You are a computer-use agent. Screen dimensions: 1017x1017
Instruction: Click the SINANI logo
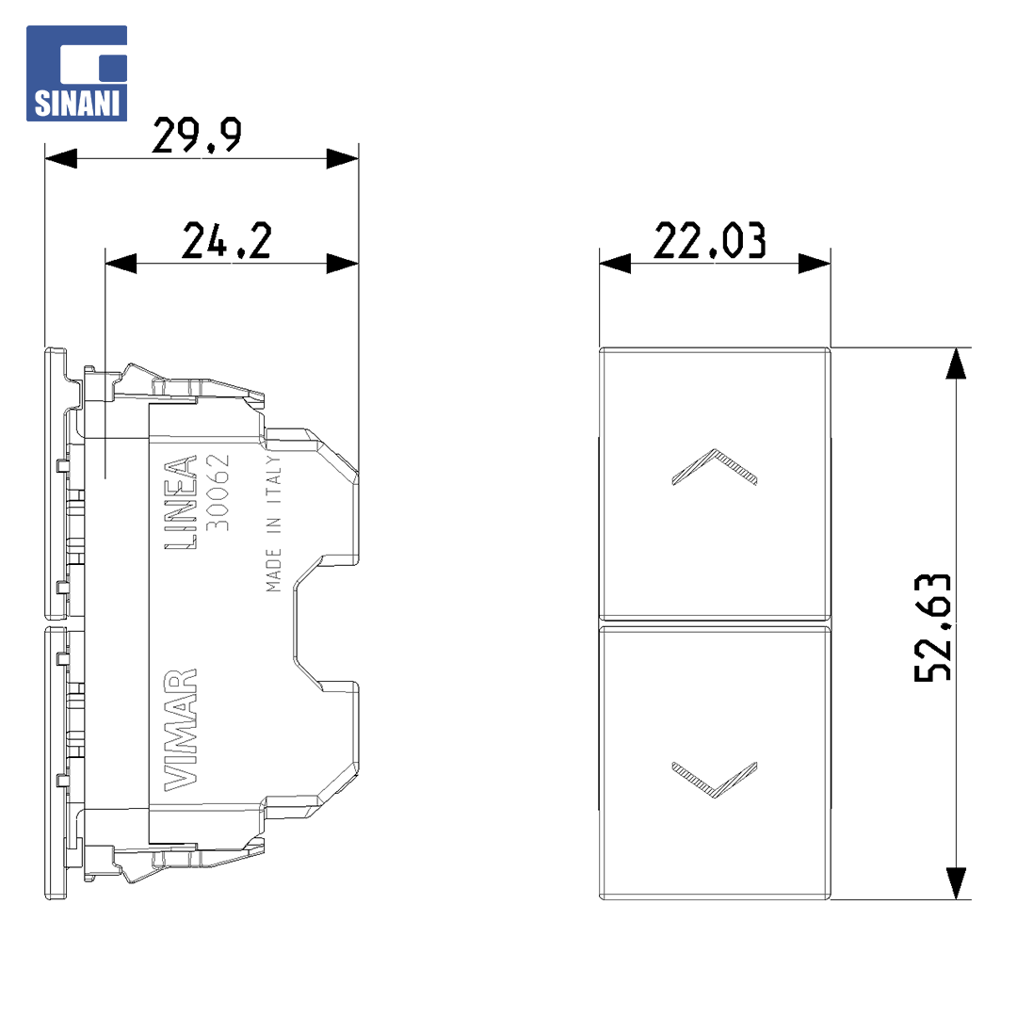[76, 73]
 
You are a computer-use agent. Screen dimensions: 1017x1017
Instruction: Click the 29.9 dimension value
[197, 136]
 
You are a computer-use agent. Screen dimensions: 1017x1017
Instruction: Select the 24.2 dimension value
[226, 241]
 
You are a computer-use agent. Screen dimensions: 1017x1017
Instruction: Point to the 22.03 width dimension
[710, 241]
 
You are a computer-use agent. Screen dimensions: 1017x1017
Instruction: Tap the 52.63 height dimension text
[932, 627]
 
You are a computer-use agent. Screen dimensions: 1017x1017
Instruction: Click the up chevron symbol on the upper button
[714, 467]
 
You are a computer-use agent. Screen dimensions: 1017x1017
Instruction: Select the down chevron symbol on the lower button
[714, 780]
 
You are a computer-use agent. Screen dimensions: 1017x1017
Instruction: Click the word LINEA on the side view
[180, 503]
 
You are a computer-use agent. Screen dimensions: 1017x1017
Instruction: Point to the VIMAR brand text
[180, 730]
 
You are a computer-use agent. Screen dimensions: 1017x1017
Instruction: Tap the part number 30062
[218, 492]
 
